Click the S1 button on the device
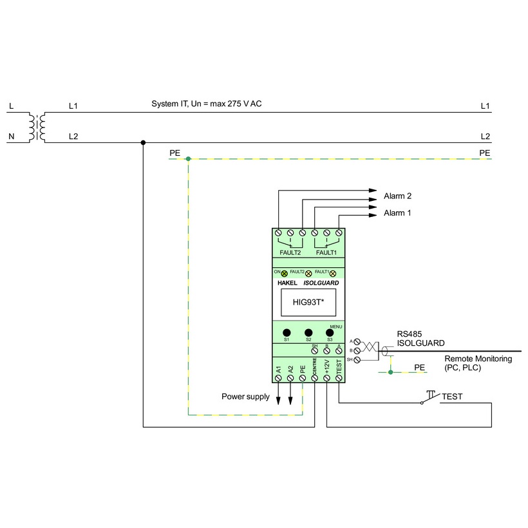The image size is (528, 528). tap(287, 332)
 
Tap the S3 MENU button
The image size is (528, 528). tap(330, 332)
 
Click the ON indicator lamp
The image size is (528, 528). tap(284, 274)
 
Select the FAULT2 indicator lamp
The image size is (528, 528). tap(308, 274)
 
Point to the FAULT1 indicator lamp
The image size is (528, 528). tap(333, 274)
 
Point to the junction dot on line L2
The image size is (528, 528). tap(143, 142)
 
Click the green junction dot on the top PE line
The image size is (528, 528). tap(187, 158)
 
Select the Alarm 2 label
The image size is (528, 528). tap(397, 196)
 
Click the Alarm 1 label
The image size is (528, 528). tap(397, 212)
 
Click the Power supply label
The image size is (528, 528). tap(245, 397)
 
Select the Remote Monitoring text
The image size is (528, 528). tap(478, 359)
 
